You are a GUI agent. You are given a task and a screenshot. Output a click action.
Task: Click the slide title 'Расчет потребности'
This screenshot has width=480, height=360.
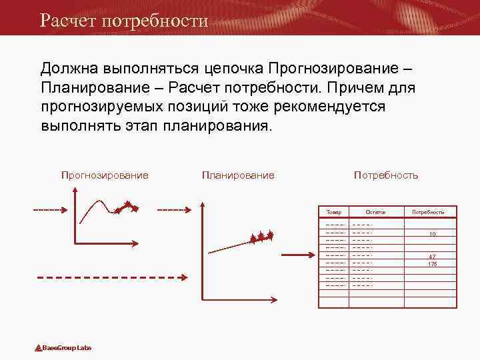click(124, 20)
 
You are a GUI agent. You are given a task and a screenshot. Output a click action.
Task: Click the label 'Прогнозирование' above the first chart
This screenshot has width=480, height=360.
click(105, 175)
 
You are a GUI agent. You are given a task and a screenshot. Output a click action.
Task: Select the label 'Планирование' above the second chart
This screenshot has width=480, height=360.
click(238, 175)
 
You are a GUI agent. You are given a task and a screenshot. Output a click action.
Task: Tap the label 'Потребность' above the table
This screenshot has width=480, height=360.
click(386, 175)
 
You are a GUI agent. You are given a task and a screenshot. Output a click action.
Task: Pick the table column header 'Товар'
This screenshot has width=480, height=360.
click(334, 212)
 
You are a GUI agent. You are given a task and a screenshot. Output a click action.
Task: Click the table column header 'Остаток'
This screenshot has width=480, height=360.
click(375, 212)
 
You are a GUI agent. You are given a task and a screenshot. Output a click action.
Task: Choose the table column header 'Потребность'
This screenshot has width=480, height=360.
click(428, 212)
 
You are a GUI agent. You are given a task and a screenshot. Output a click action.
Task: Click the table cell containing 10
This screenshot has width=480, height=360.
click(433, 234)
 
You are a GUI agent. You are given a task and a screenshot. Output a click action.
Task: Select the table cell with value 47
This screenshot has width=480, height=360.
click(433, 257)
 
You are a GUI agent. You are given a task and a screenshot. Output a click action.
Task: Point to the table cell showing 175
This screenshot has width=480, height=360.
click(433, 264)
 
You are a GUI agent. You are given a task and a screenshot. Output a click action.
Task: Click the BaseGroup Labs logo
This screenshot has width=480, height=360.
click(63, 348)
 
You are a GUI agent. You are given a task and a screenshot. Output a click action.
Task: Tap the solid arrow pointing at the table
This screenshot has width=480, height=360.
click(297, 254)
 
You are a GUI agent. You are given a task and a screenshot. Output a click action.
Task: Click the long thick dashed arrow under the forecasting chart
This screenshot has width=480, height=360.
click(110, 277)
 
